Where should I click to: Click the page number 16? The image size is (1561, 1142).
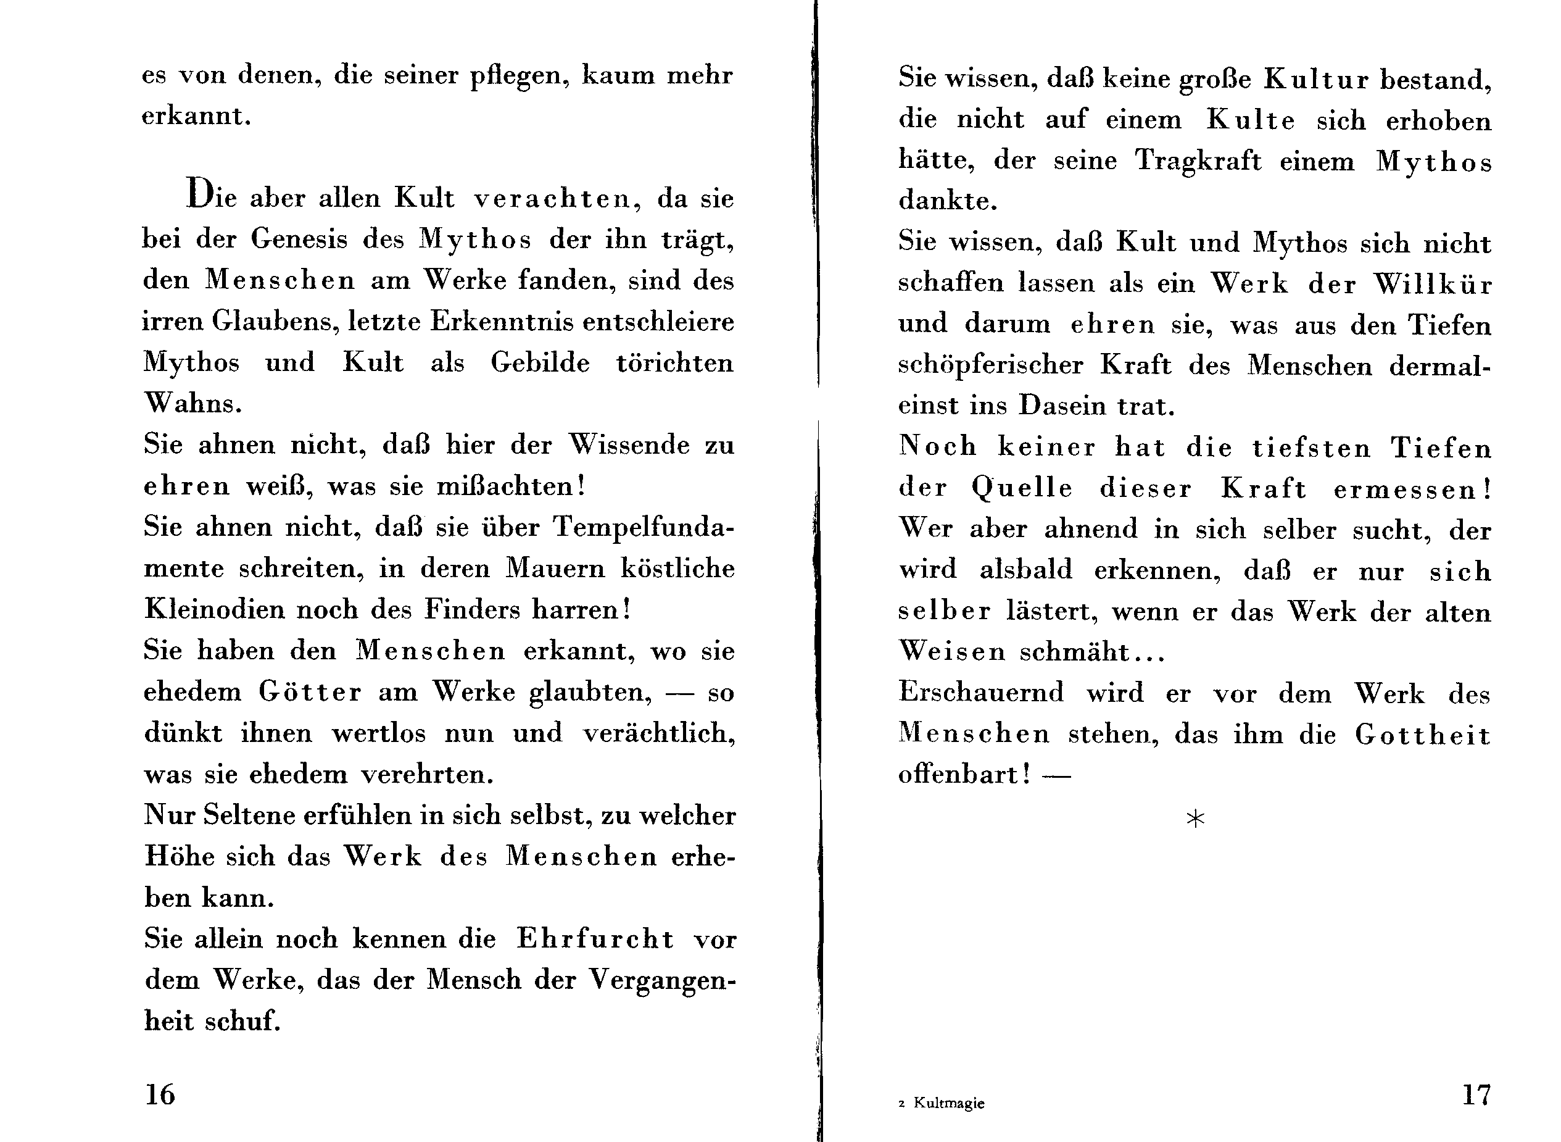tap(160, 1094)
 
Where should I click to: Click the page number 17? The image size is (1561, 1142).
tap(1476, 1094)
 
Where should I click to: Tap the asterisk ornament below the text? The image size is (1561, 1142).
tap(1195, 819)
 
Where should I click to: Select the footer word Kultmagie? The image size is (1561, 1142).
tap(948, 1103)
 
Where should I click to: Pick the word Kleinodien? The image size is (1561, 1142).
tap(212, 609)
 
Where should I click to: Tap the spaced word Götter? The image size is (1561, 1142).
tap(310, 692)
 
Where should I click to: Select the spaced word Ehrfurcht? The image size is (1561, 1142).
tap(595, 939)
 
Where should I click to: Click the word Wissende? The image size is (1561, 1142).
tap(628, 444)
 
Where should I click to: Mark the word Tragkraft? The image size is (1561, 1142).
tap(1198, 161)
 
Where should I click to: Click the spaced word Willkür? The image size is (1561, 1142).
tap(1432, 284)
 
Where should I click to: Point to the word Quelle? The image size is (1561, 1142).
tap(1021, 488)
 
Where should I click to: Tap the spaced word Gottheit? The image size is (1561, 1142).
tap(1422, 734)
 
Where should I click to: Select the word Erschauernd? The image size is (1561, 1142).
tap(980, 693)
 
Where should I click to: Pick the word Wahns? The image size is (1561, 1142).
tap(193, 403)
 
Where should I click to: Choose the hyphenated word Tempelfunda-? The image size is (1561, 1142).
tap(644, 527)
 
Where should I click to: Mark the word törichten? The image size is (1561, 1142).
tap(674, 363)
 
